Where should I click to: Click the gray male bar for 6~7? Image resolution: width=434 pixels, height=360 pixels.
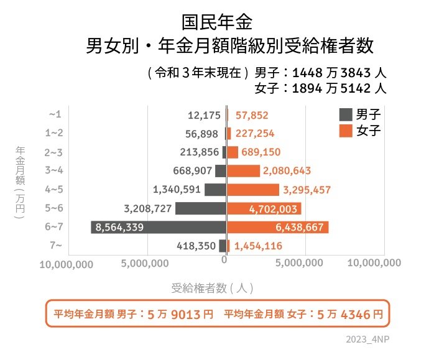tap(159, 227)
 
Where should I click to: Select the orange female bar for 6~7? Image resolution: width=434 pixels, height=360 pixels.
tap(278, 227)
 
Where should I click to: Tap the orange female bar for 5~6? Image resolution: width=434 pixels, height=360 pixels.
tap(264, 208)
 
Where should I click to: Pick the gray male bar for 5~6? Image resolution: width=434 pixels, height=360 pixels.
tap(200, 208)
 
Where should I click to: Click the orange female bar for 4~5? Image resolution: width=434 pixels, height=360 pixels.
tap(253, 190)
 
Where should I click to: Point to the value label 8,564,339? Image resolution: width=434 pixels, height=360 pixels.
tap(119, 228)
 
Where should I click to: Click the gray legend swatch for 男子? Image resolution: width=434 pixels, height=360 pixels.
tap(345, 114)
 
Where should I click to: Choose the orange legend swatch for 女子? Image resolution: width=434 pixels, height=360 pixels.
tap(345, 131)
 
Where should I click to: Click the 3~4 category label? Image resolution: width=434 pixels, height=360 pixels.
tap(54, 170)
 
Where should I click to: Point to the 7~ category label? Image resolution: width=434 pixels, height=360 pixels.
tap(54, 246)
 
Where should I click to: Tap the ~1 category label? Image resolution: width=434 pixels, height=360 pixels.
tap(55, 114)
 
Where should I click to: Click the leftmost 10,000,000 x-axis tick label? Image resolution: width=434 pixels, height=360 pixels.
tap(67, 264)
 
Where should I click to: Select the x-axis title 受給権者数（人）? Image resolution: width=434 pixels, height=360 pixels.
tap(212, 288)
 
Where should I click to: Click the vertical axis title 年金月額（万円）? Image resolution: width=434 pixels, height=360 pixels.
tap(20, 184)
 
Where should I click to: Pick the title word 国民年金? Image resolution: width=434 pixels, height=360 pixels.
tap(217, 22)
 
